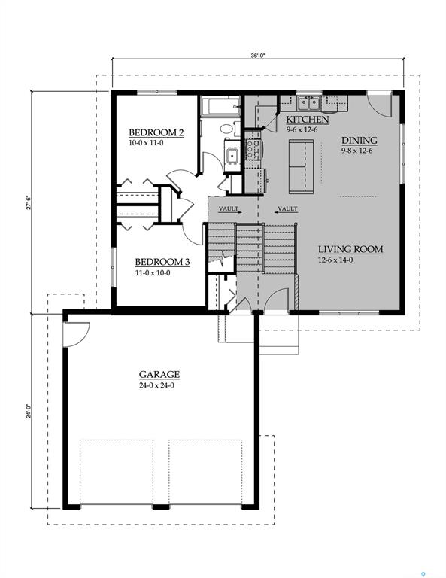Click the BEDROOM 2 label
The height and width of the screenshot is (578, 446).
tap(156, 132)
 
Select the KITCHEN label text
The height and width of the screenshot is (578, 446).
tap(307, 120)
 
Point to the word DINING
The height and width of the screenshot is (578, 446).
tap(359, 140)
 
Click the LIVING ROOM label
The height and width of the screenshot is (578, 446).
tap(350, 249)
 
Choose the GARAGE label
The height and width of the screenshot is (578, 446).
tap(159, 374)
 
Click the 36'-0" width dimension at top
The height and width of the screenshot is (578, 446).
tap(258, 55)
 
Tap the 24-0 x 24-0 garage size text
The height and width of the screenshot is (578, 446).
tap(159, 385)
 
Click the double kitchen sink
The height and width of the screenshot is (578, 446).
tap(308, 103)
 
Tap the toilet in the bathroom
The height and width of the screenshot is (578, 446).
tap(227, 127)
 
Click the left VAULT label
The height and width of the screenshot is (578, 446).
tap(228, 208)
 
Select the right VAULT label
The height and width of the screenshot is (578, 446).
tap(287, 208)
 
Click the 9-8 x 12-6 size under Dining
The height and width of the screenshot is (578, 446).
tap(358, 150)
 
